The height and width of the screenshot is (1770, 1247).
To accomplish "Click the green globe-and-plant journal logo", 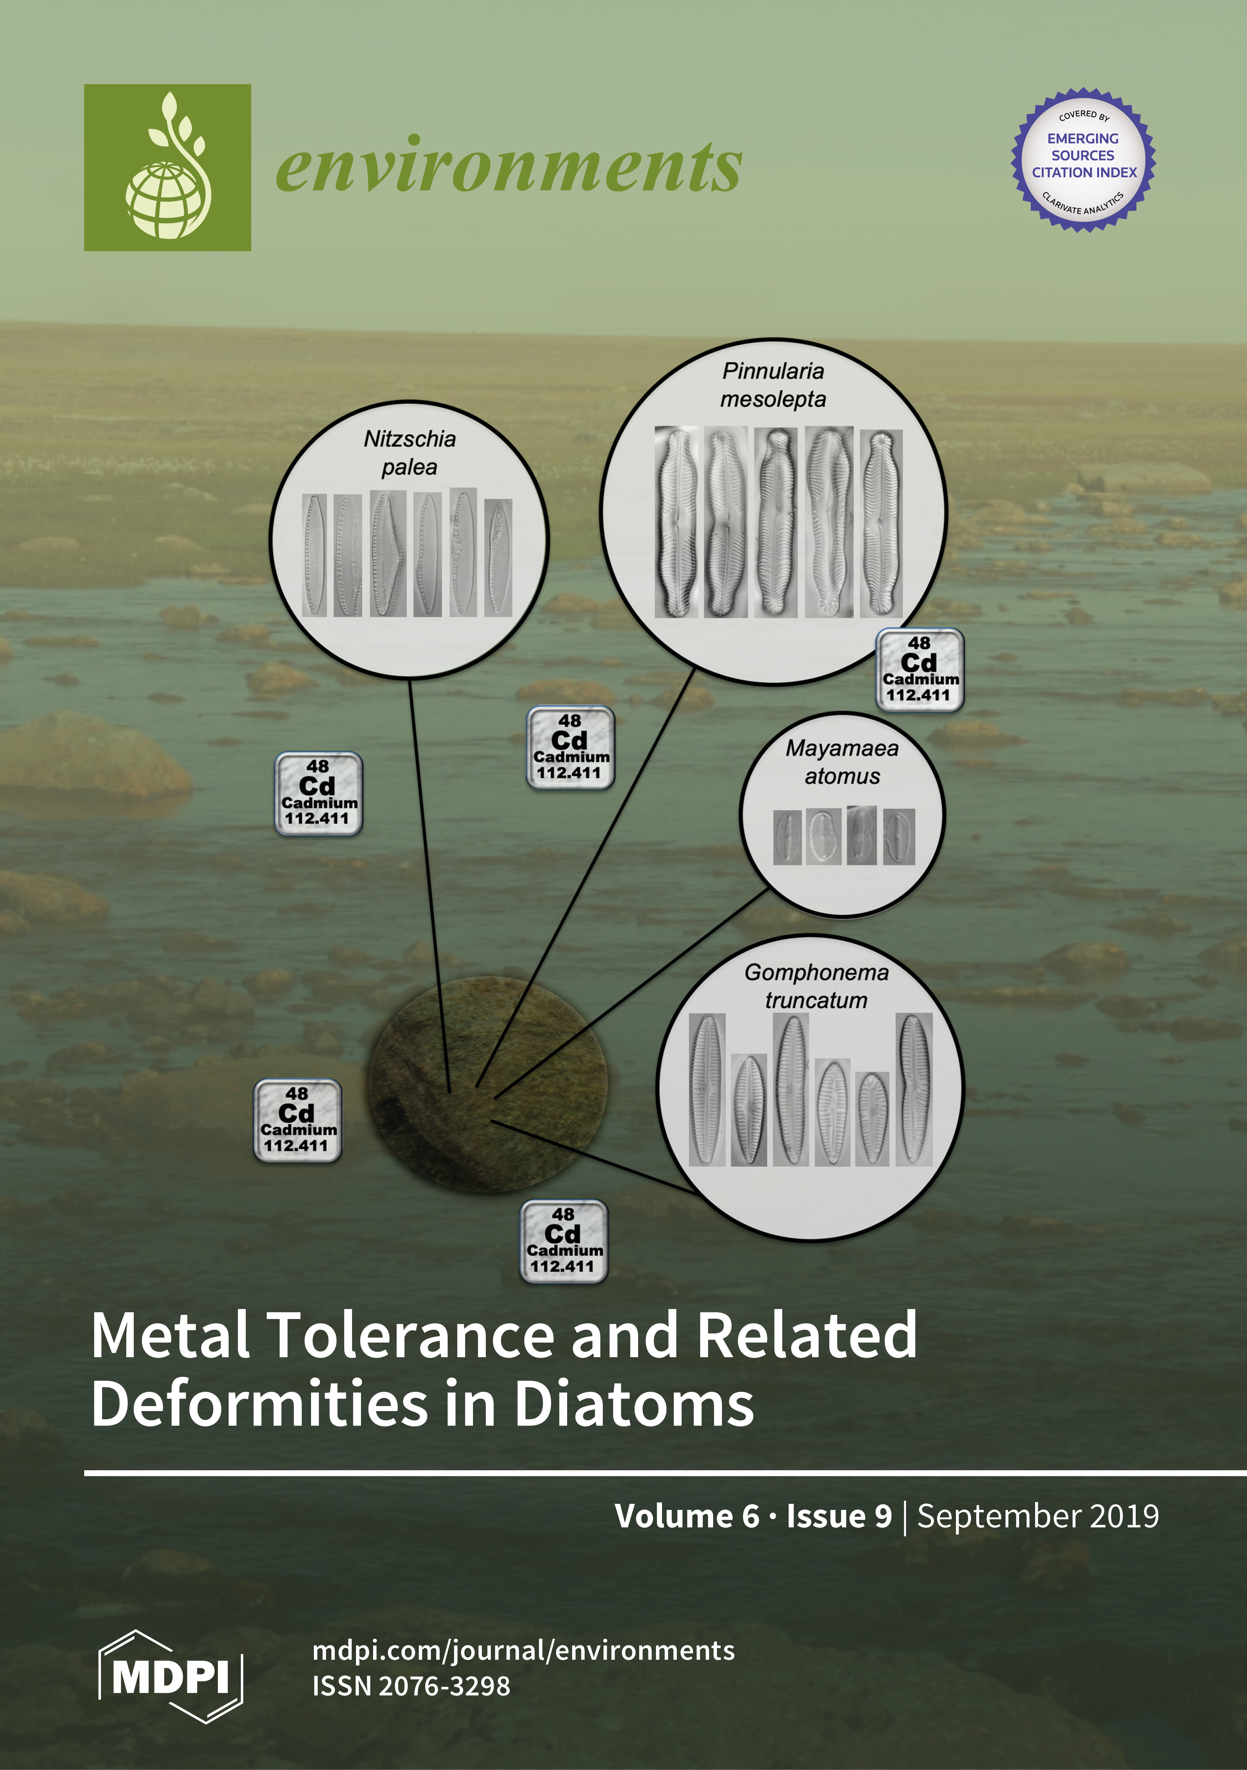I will (167, 167).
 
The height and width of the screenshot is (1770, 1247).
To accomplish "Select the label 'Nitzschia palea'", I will (409, 452).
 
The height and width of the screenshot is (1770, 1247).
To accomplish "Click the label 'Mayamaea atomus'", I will (841, 762).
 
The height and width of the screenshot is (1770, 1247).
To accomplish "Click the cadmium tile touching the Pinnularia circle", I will (920, 668).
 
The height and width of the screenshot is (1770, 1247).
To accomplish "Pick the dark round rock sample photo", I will (487, 1083).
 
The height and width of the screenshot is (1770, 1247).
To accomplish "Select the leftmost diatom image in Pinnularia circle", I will (676, 522).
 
